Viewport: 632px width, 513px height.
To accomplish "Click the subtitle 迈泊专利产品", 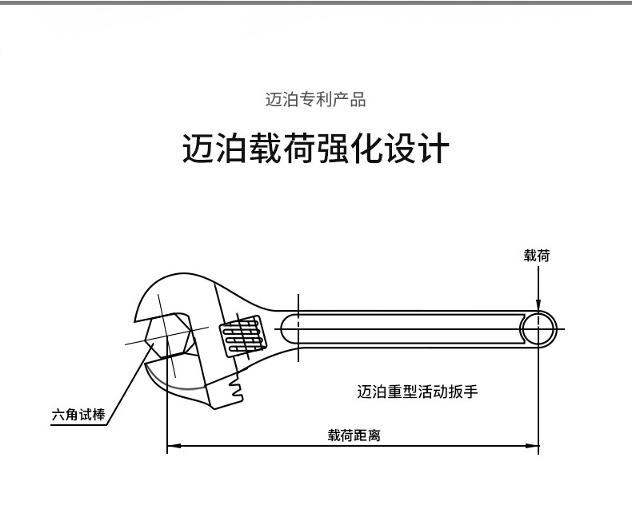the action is click(315, 100).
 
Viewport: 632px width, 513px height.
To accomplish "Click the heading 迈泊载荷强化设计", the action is click(315, 149).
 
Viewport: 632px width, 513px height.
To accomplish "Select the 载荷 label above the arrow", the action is click(537, 256).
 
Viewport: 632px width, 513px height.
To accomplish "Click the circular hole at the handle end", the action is click(538, 328).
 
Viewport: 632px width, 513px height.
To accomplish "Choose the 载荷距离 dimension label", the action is click(353, 435).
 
